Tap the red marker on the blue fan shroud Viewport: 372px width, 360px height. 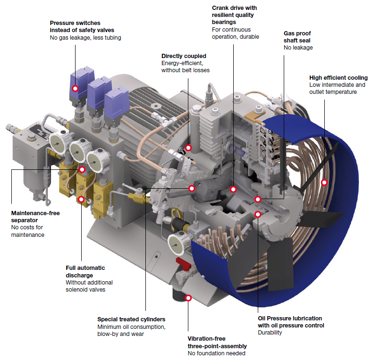point(324,183)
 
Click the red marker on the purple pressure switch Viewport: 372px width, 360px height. point(75,88)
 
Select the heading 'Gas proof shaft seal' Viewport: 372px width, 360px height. point(297,37)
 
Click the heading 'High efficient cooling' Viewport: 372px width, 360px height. point(338,78)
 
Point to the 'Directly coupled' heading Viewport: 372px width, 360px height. point(184,56)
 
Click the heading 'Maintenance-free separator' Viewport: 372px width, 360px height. point(35,217)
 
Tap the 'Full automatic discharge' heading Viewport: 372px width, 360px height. point(85,272)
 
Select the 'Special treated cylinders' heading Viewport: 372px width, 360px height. point(131,319)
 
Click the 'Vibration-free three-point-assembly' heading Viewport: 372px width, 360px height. point(217,342)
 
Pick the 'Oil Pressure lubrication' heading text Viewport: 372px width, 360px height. point(290,318)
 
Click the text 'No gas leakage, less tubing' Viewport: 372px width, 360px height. point(85,38)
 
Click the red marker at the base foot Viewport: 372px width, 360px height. point(188,298)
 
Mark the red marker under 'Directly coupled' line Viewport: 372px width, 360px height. point(188,148)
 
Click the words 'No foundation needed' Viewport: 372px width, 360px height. point(216,353)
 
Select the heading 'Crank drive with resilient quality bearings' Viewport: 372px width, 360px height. point(234,15)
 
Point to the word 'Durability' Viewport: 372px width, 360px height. point(270,333)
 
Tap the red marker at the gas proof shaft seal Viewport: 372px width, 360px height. point(258,199)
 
